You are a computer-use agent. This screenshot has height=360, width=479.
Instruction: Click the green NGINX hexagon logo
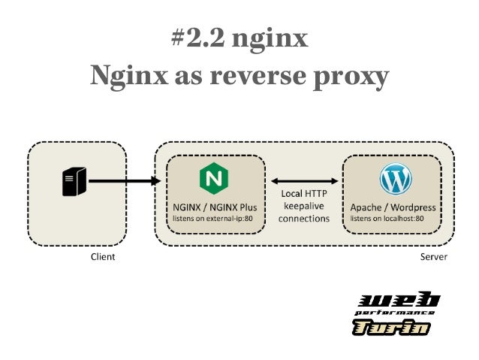pyautogui.click(x=215, y=179)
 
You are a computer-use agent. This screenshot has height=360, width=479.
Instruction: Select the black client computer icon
pyautogui.click(x=73, y=181)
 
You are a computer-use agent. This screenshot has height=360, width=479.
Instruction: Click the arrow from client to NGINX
pyautogui.click(x=124, y=181)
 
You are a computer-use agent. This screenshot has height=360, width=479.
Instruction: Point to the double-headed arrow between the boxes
pyautogui.click(x=303, y=181)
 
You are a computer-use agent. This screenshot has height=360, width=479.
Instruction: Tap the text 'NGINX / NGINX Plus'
pyautogui.click(x=214, y=207)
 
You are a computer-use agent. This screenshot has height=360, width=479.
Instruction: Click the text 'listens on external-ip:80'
pyautogui.click(x=212, y=219)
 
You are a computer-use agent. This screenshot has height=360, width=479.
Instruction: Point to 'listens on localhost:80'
pyautogui.click(x=387, y=219)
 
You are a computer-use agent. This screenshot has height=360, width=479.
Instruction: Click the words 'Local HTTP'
pyautogui.click(x=303, y=194)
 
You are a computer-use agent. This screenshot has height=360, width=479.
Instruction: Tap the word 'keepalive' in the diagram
pyautogui.click(x=303, y=206)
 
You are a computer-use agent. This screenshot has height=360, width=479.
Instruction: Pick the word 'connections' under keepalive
pyautogui.click(x=303, y=219)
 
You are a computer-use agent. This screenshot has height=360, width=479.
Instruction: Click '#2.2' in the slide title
pyautogui.click(x=197, y=38)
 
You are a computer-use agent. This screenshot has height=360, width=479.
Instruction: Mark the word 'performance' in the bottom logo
pyautogui.click(x=395, y=313)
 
